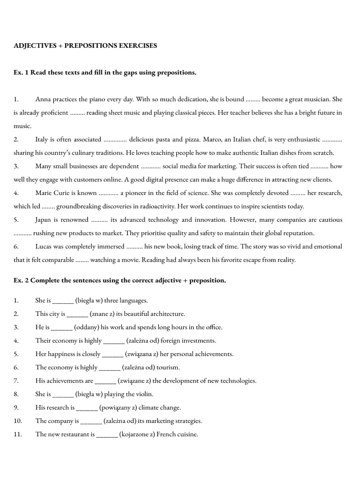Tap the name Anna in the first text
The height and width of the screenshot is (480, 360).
43,99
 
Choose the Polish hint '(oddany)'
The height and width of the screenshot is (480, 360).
87,327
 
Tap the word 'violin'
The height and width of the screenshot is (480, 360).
144,394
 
